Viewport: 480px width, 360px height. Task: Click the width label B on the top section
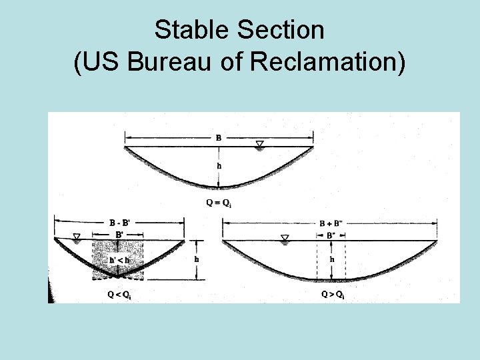219,138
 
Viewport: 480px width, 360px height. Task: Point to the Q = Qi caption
219,203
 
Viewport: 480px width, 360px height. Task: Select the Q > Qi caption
332,295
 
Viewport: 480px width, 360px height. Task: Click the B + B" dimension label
331,223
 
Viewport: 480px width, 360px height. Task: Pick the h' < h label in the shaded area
119,259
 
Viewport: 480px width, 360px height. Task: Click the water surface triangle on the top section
260,144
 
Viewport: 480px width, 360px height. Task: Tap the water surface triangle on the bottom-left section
77,237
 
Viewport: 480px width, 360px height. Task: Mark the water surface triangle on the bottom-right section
285,237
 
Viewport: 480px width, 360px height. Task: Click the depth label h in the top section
219,167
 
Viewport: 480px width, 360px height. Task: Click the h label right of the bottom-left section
196,259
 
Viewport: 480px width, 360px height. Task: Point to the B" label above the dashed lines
331,235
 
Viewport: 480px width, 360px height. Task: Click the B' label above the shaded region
119,235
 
